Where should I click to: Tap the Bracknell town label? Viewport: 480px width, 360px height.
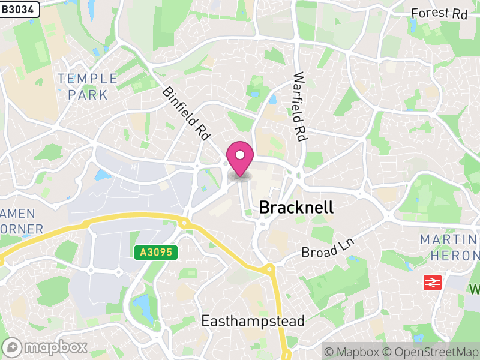click(296, 208)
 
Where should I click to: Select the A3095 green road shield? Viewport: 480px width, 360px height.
click(157, 253)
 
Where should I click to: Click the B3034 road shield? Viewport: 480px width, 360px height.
click(20, 9)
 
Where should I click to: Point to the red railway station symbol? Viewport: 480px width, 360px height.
click(432, 282)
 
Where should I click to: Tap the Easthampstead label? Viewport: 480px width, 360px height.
click(253, 320)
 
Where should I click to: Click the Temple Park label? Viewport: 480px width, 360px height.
click(88, 86)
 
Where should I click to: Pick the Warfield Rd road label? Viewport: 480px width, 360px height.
click(299, 107)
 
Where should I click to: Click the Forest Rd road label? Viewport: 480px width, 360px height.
click(439, 13)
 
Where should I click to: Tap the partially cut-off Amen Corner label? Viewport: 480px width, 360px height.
click(22, 221)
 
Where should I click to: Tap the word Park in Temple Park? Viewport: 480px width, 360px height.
click(88, 95)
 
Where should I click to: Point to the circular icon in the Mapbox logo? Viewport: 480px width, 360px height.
click(13, 347)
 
